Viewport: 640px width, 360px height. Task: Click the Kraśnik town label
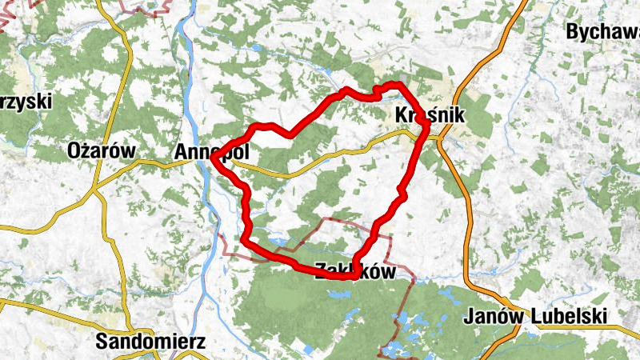[x=430, y=116]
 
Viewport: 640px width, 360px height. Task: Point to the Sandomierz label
[x=150, y=342]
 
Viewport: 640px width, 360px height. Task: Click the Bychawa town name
[x=602, y=32]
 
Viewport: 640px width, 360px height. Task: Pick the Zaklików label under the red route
[x=355, y=271]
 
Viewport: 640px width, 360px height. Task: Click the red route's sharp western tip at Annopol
[x=213, y=159]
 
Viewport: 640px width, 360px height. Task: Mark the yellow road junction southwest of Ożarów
[x=95, y=190]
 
